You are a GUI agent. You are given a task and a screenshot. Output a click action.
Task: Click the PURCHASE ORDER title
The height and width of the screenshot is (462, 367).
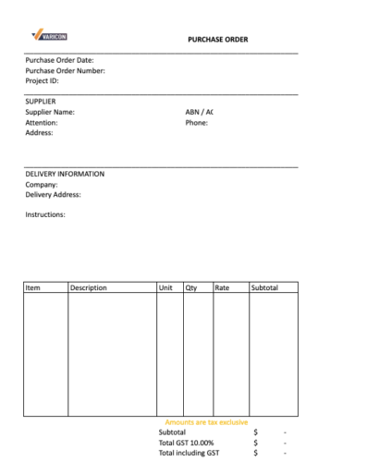point(218,39)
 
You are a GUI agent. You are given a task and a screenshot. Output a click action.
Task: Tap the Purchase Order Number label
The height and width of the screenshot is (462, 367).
point(65,71)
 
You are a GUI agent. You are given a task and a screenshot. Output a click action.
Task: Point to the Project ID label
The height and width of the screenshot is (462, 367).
point(43,81)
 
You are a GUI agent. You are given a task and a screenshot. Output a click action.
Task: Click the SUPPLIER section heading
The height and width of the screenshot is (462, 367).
point(41,102)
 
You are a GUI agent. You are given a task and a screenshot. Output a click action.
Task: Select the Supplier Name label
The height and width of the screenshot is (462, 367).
point(50,112)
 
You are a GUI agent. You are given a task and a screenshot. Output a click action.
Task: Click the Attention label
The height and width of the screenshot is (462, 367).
point(43,122)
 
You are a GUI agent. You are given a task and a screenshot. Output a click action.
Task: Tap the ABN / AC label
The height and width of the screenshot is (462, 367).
point(201,112)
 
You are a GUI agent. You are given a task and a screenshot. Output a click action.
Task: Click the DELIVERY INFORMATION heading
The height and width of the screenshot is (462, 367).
point(65,174)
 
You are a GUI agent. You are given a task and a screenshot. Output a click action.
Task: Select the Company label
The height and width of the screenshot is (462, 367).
point(42,184)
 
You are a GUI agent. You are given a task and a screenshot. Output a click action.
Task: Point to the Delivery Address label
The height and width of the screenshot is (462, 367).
point(53,194)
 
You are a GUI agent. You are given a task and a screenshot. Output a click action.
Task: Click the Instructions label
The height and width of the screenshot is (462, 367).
point(45,214)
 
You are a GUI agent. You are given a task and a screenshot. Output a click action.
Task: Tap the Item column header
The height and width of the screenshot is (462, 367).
point(33,288)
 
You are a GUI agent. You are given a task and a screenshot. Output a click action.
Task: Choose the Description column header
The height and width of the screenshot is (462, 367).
point(89,288)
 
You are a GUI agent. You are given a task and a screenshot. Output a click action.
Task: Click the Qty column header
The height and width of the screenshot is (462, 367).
point(192,288)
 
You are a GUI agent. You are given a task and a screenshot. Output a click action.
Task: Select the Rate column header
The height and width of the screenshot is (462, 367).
point(222,288)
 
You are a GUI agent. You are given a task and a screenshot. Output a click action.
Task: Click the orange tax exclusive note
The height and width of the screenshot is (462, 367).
point(206,422)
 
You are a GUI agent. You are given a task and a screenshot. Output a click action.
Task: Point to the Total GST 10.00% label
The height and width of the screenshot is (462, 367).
point(188,443)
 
